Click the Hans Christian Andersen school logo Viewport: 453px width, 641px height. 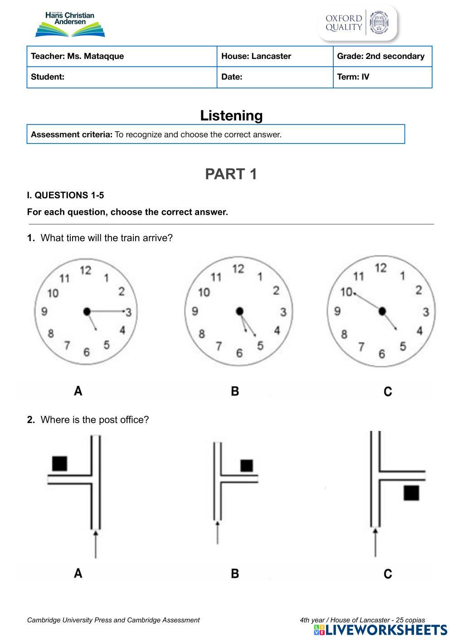[70, 24]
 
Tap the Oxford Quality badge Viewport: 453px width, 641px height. [358, 23]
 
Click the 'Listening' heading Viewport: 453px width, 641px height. [231, 115]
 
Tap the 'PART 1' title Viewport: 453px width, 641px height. [231, 174]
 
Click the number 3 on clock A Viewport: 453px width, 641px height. [128, 312]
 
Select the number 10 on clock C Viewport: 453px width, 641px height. [346, 292]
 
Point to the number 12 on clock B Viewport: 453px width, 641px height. [238, 269]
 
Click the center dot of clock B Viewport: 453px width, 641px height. [240, 311]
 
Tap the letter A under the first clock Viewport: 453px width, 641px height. [78, 390]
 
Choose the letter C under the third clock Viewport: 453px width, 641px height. [388, 391]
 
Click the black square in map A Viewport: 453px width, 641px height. [60, 463]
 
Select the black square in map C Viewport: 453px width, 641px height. [411, 493]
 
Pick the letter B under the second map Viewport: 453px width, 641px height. [235, 573]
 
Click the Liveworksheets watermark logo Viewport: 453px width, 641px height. [380, 630]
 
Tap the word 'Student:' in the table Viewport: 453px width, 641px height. [48, 77]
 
